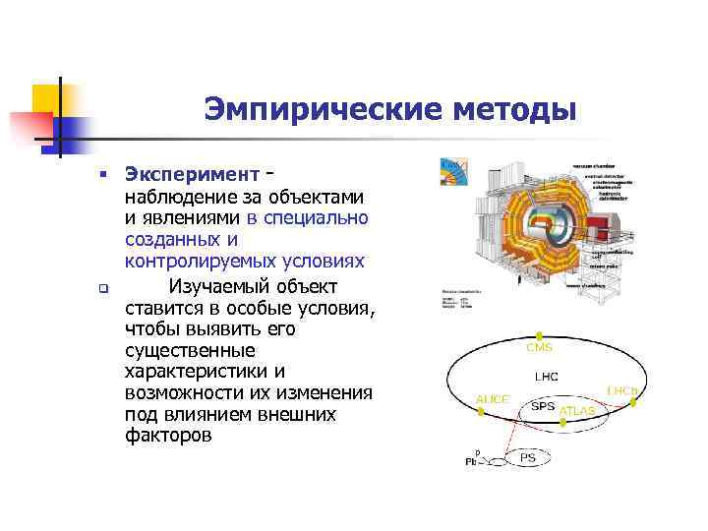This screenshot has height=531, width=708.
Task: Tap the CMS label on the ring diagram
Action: point(539,347)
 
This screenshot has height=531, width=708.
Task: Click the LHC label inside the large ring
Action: point(547,376)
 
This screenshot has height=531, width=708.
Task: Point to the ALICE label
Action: point(493,399)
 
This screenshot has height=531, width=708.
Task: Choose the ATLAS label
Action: point(577,410)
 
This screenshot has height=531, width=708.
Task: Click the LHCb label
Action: point(623,390)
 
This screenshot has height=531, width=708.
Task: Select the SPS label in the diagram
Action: point(543,404)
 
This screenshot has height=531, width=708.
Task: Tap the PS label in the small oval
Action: point(528,458)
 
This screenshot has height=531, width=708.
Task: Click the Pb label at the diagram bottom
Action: point(470,461)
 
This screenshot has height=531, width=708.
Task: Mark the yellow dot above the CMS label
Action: point(539,335)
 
